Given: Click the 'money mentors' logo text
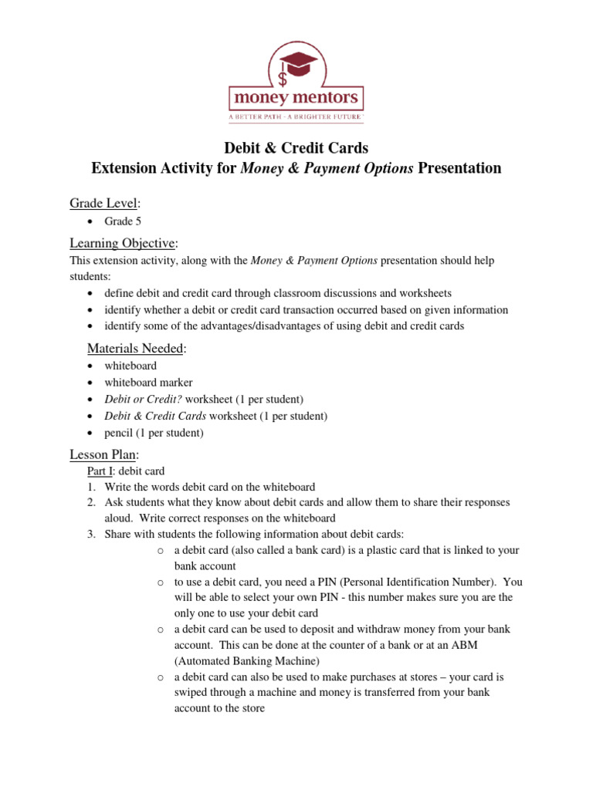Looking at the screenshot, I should tap(296, 98).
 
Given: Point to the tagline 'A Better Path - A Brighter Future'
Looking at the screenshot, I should tap(296, 116).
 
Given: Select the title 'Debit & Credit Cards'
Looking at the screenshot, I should tap(296, 147).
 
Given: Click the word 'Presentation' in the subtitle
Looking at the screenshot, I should tap(459, 168).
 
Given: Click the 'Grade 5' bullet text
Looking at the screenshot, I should tap(123, 221).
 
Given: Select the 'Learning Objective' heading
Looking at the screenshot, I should tap(123, 243).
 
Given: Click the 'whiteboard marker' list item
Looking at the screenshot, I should tap(148, 382).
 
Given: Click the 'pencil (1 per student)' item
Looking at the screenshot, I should tap(154, 433).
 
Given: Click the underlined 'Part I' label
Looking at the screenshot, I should tap(102, 471).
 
